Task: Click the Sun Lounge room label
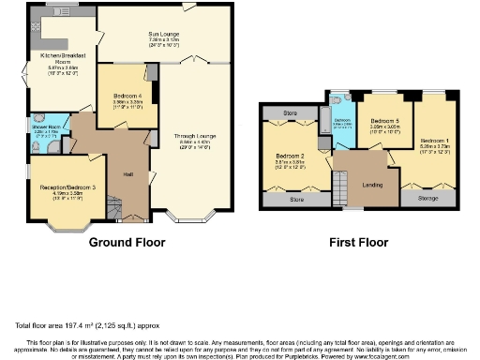pos(164,35)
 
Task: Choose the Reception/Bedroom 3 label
pos(68,188)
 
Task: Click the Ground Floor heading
pos(127,242)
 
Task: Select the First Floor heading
pos(358,242)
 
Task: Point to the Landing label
pos(372,184)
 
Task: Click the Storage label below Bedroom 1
pos(428,198)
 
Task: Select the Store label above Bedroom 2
pos(291,113)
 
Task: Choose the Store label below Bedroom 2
pos(297,199)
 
